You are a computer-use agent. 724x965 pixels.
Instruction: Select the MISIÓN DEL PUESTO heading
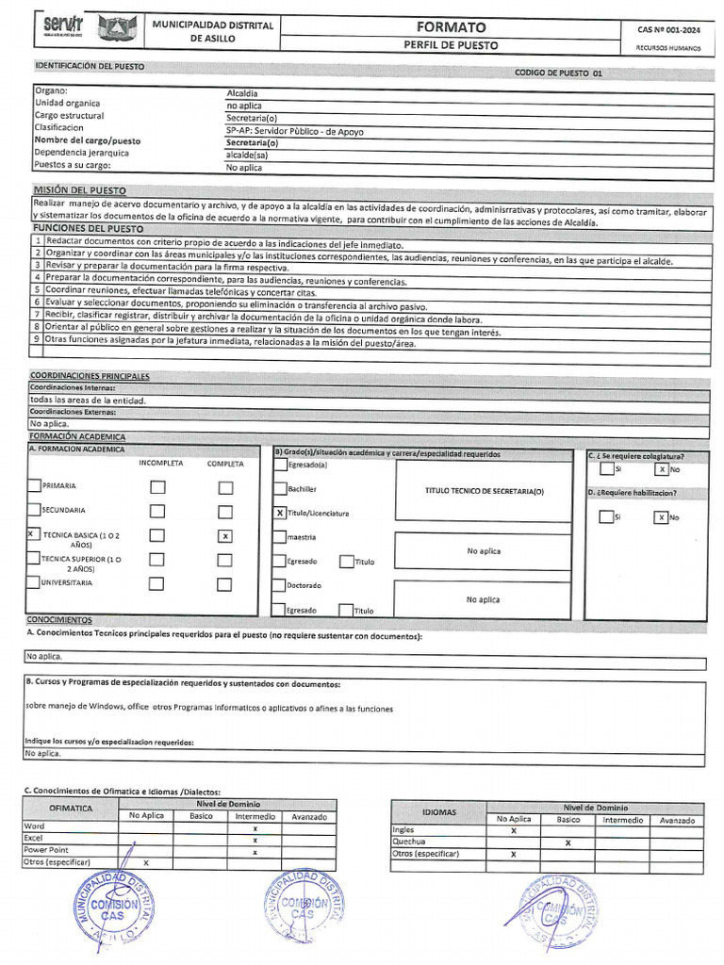pos(79,190)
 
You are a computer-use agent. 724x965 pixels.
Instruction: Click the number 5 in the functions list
pos(37,291)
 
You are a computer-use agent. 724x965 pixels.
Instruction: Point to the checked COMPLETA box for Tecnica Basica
pos(224,536)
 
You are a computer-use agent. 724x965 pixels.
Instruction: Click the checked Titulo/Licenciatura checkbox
pos(280,513)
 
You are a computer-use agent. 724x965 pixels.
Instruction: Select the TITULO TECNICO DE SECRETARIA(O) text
pos(485,492)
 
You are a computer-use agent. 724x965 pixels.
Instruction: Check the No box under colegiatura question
pos(662,468)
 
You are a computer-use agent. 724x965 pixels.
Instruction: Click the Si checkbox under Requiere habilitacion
pos(606,516)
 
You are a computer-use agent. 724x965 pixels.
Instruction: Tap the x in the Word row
pos(255,827)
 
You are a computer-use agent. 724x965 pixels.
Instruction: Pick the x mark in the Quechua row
pos(568,842)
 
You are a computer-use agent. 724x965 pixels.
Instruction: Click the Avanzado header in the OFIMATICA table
pos(309,816)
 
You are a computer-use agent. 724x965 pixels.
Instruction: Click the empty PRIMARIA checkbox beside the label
pos(34,486)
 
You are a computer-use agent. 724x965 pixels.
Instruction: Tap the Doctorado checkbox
pos(280,585)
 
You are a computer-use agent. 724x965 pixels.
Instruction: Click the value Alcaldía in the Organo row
pos(242,92)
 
